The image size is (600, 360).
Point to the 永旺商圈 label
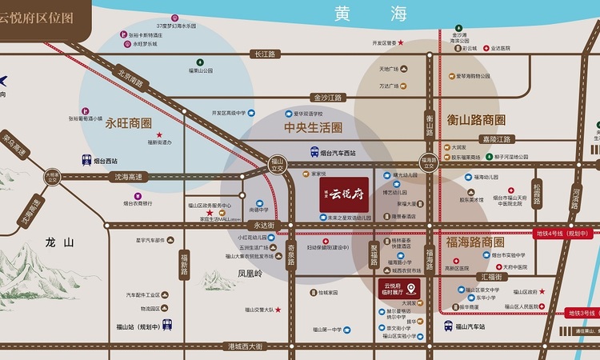pyautogui.click(x=128, y=123)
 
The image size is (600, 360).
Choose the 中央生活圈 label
pyautogui.click(x=313, y=127)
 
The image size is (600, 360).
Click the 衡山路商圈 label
pyautogui.click(x=476, y=120)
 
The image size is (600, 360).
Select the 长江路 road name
pyautogui.click(x=264, y=54)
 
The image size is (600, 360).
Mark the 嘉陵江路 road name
pyautogui.click(x=500, y=138)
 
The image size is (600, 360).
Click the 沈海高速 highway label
pyautogui.click(x=129, y=177)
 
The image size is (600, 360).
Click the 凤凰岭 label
pyautogui.click(x=250, y=274)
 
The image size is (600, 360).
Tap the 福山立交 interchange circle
pyautogui.click(x=278, y=164)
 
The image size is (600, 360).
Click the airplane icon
pyautogui.click(x=3, y=80)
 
